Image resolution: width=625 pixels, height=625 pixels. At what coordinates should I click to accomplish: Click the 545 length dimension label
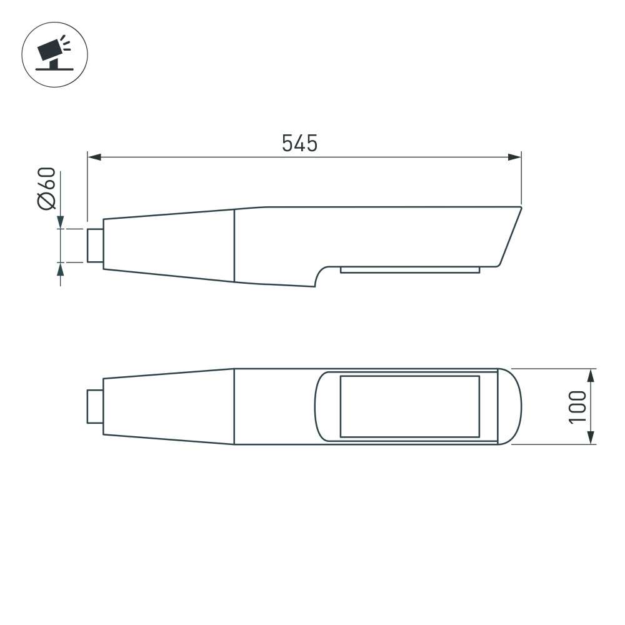coord(299,143)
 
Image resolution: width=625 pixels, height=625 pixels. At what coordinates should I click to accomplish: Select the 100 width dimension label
coord(577,407)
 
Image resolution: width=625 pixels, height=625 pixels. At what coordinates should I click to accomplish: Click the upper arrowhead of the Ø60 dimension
coord(61,222)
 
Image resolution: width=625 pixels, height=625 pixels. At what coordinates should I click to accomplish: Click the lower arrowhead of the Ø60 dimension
coord(61,269)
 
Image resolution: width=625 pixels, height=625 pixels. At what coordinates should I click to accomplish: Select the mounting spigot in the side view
coord(95,246)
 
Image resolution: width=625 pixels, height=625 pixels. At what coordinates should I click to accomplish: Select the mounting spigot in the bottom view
coord(95,406)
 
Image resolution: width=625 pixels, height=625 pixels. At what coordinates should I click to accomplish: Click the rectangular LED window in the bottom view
coord(409,406)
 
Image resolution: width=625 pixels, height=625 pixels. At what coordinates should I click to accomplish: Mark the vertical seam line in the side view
coord(234,246)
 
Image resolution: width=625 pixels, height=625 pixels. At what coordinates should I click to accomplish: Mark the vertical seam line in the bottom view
coord(234,406)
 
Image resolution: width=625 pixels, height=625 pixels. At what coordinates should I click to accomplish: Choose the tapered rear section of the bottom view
coord(169,406)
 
